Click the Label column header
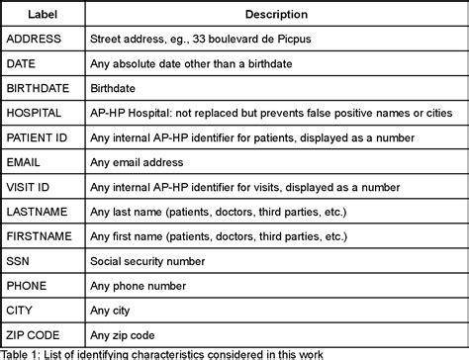[x=43, y=15]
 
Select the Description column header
[x=274, y=15]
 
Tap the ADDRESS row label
[x=36, y=40]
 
